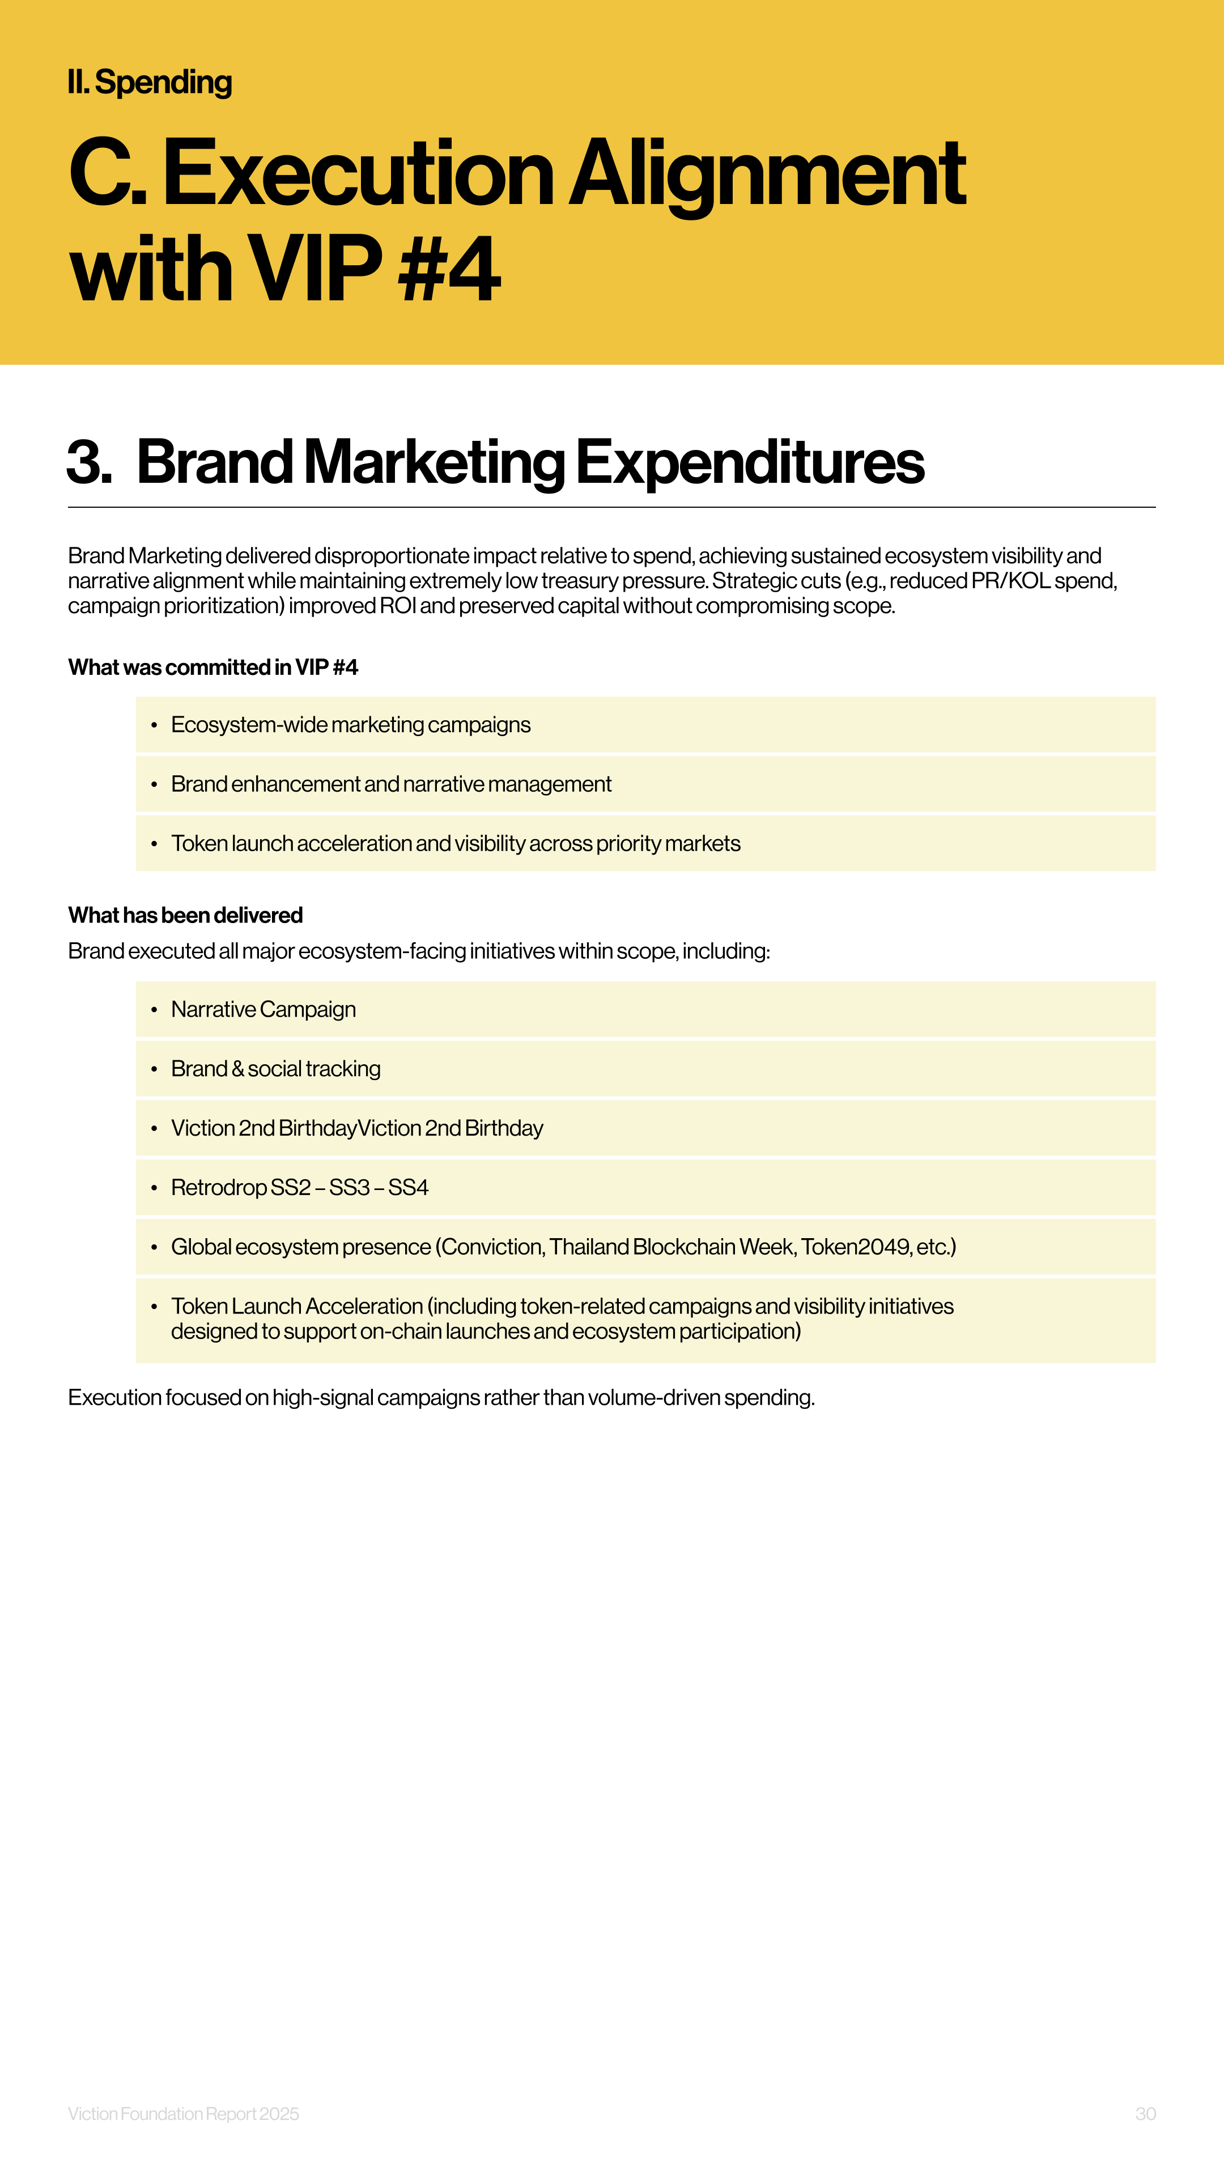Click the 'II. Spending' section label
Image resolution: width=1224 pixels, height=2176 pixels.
[150, 83]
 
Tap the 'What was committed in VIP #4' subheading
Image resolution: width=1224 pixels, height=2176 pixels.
[213, 668]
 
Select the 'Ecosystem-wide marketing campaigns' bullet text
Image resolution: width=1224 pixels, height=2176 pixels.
[351, 725]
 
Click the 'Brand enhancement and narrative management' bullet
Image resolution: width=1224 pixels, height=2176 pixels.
[391, 784]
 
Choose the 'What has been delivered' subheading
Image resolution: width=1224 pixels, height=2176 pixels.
[185, 915]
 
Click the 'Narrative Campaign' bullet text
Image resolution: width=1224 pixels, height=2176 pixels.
[263, 1009]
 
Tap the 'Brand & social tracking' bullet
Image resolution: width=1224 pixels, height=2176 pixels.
[275, 1069]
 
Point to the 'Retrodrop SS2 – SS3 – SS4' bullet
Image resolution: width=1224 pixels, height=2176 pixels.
[300, 1188]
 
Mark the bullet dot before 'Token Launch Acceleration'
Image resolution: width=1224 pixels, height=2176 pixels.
[154, 1307]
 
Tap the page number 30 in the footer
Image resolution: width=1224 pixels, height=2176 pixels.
[1145, 2114]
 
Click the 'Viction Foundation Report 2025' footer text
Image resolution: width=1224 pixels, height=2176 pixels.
[183, 2114]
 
